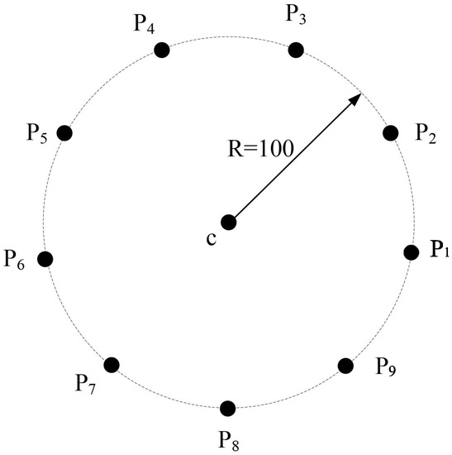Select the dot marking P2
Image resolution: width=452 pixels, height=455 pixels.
click(392, 132)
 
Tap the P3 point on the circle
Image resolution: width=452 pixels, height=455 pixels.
click(295, 50)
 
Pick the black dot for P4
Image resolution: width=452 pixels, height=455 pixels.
click(162, 50)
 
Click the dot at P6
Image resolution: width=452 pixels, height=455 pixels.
click(45, 259)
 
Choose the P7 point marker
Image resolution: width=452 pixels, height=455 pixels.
click(112, 364)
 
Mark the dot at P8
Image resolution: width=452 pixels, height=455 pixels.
click(228, 408)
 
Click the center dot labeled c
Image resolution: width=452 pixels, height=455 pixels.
click(229, 222)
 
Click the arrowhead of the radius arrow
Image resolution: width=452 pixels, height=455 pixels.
click(357, 98)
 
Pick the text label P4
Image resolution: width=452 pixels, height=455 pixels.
click(145, 22)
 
